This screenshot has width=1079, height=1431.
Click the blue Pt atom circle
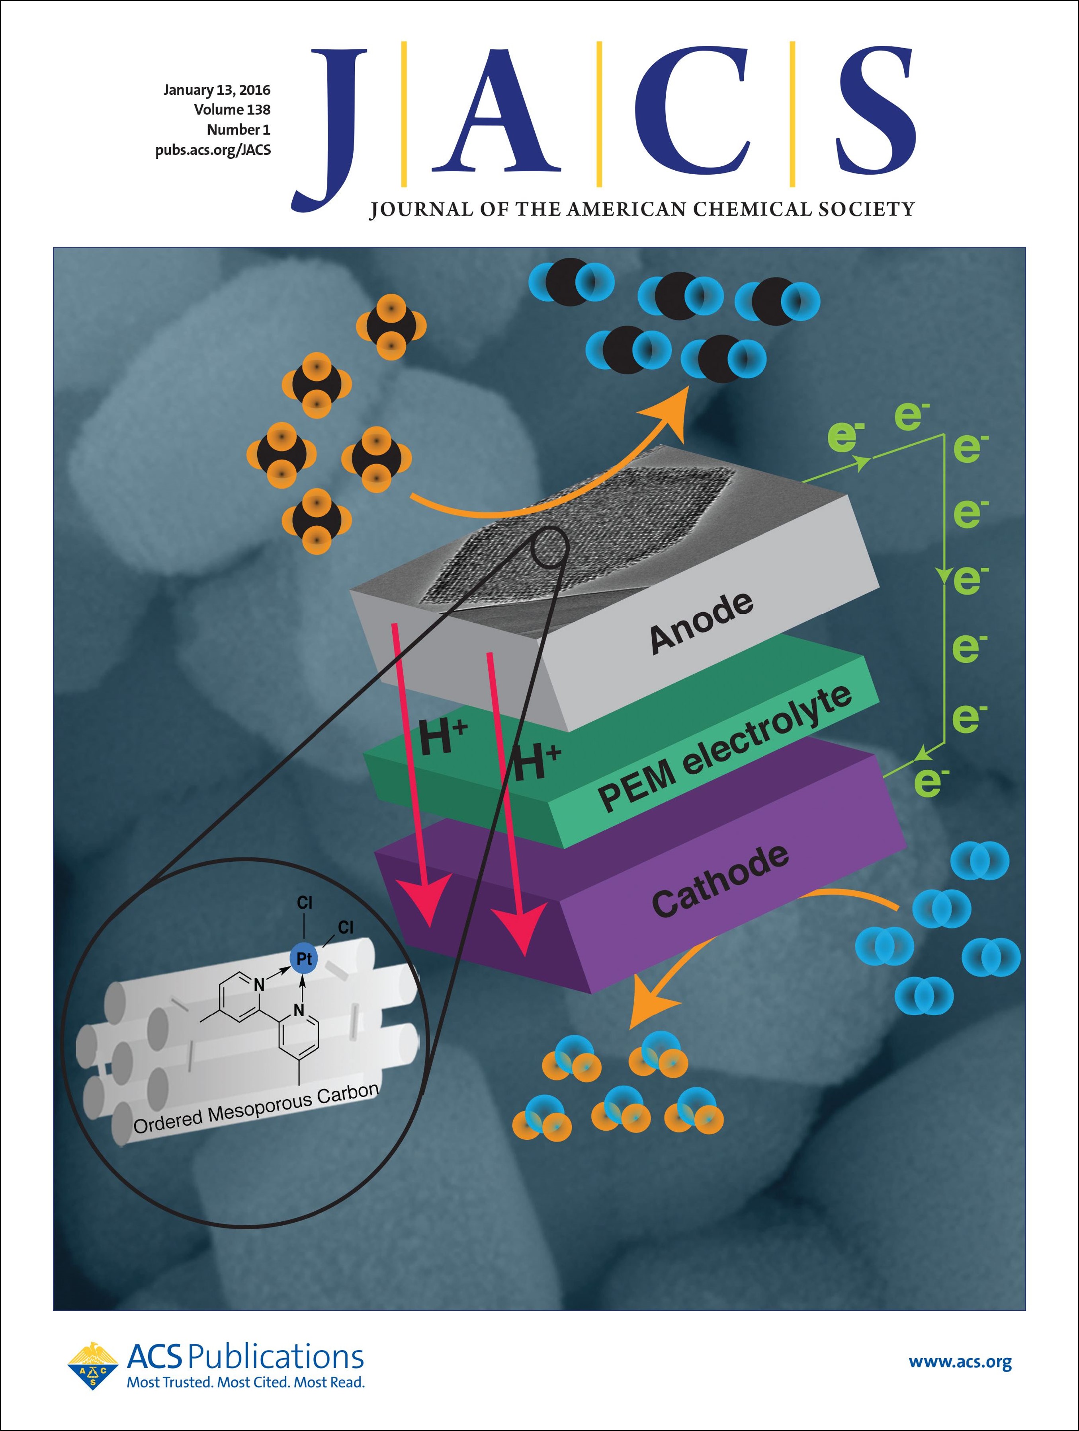click(304, 958)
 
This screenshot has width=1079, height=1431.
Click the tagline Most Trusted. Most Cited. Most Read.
click(245, 1382)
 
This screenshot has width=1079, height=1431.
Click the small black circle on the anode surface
click(549, 547)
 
